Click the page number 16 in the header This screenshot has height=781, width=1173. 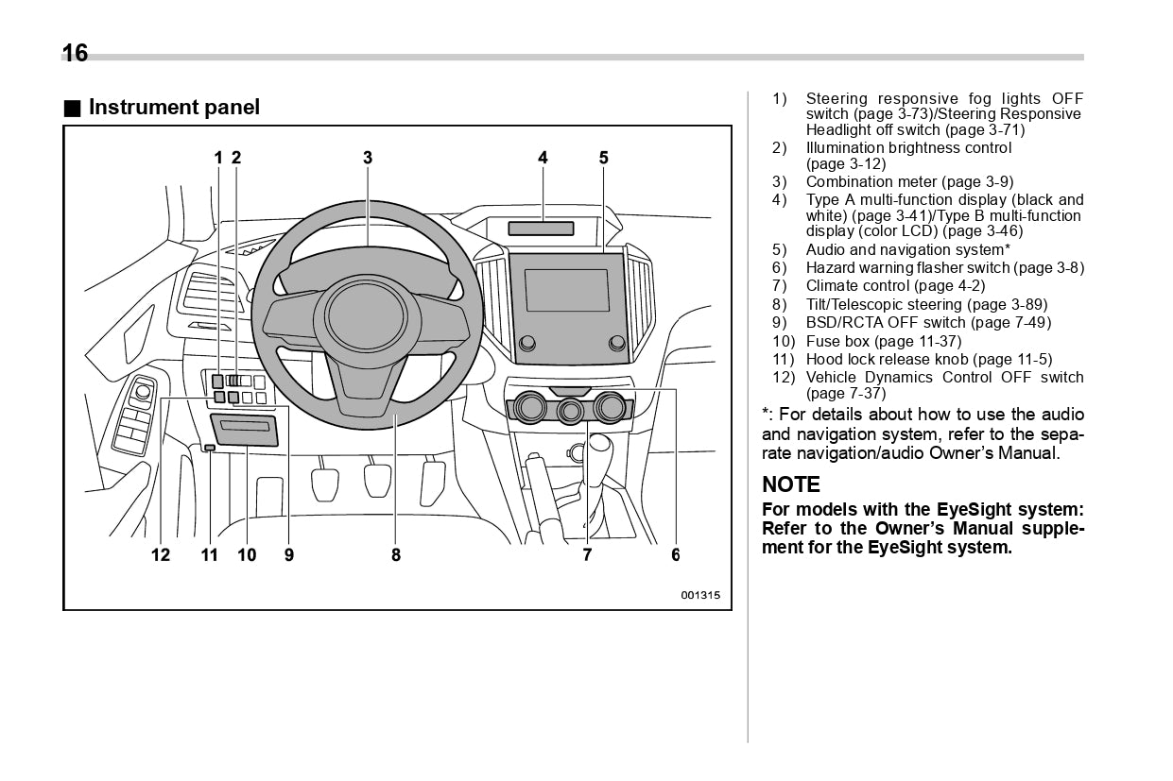coord(75,53)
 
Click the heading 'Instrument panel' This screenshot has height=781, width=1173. coord(173,108)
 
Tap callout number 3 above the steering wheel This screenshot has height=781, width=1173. coord(368,158)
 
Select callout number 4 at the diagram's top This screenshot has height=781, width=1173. coord(543,158)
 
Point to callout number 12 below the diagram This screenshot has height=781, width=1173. coord(161,555)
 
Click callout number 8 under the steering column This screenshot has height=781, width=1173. coord(396,555)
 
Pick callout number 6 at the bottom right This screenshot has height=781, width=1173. coord(675,555)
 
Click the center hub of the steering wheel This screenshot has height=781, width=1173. coord(366,316)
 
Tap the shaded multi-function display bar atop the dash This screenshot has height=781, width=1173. coord(541,228)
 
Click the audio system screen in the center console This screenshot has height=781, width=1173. coord(567,290)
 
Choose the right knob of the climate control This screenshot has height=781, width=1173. coord(611,407)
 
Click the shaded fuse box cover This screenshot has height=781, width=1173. coord(245,431)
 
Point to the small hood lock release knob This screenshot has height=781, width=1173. coord(209,448)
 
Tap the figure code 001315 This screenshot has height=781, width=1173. coord(700,596)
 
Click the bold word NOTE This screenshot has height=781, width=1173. coord(791,484)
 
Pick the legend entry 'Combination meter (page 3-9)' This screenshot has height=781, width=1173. coord(909,181)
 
